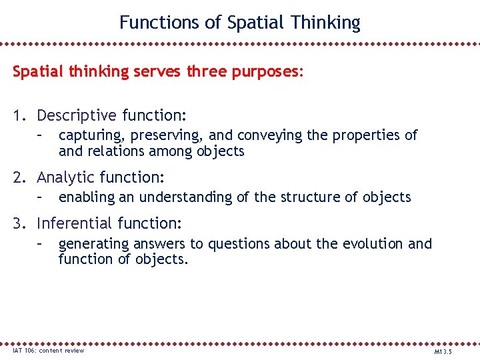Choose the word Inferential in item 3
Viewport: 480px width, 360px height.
click(x=75, y=223)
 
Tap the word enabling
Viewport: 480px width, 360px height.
click(x=85, y=197)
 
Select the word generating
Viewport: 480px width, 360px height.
click(x=93, y=244)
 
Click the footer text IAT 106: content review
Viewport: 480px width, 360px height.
click(x=48, y=351)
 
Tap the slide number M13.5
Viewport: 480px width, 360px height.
click(x=443, y=351)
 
